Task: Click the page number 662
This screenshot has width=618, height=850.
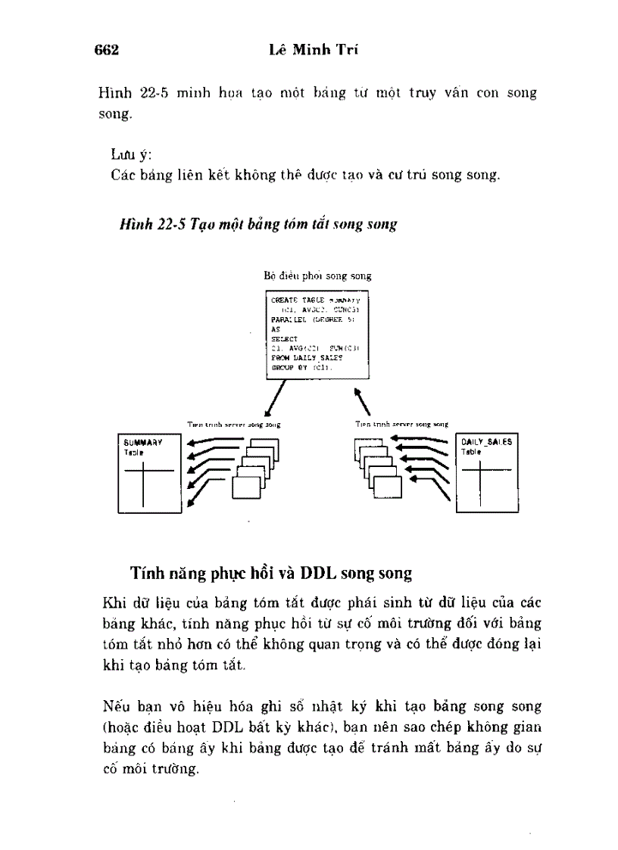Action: click(108, 51)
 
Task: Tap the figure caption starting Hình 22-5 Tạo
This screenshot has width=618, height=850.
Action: click(258, 225)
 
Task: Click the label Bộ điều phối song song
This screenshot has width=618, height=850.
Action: click(317, 276)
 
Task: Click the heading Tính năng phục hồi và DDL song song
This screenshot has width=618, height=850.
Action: click(271, 572)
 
